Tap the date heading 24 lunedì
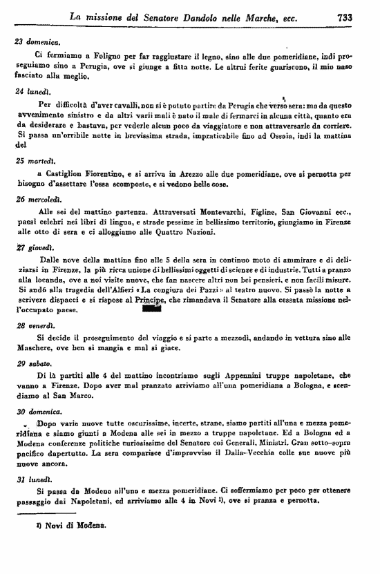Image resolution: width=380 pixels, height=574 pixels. pos(32,90)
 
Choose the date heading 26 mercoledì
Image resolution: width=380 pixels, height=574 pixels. pos(39,198)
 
